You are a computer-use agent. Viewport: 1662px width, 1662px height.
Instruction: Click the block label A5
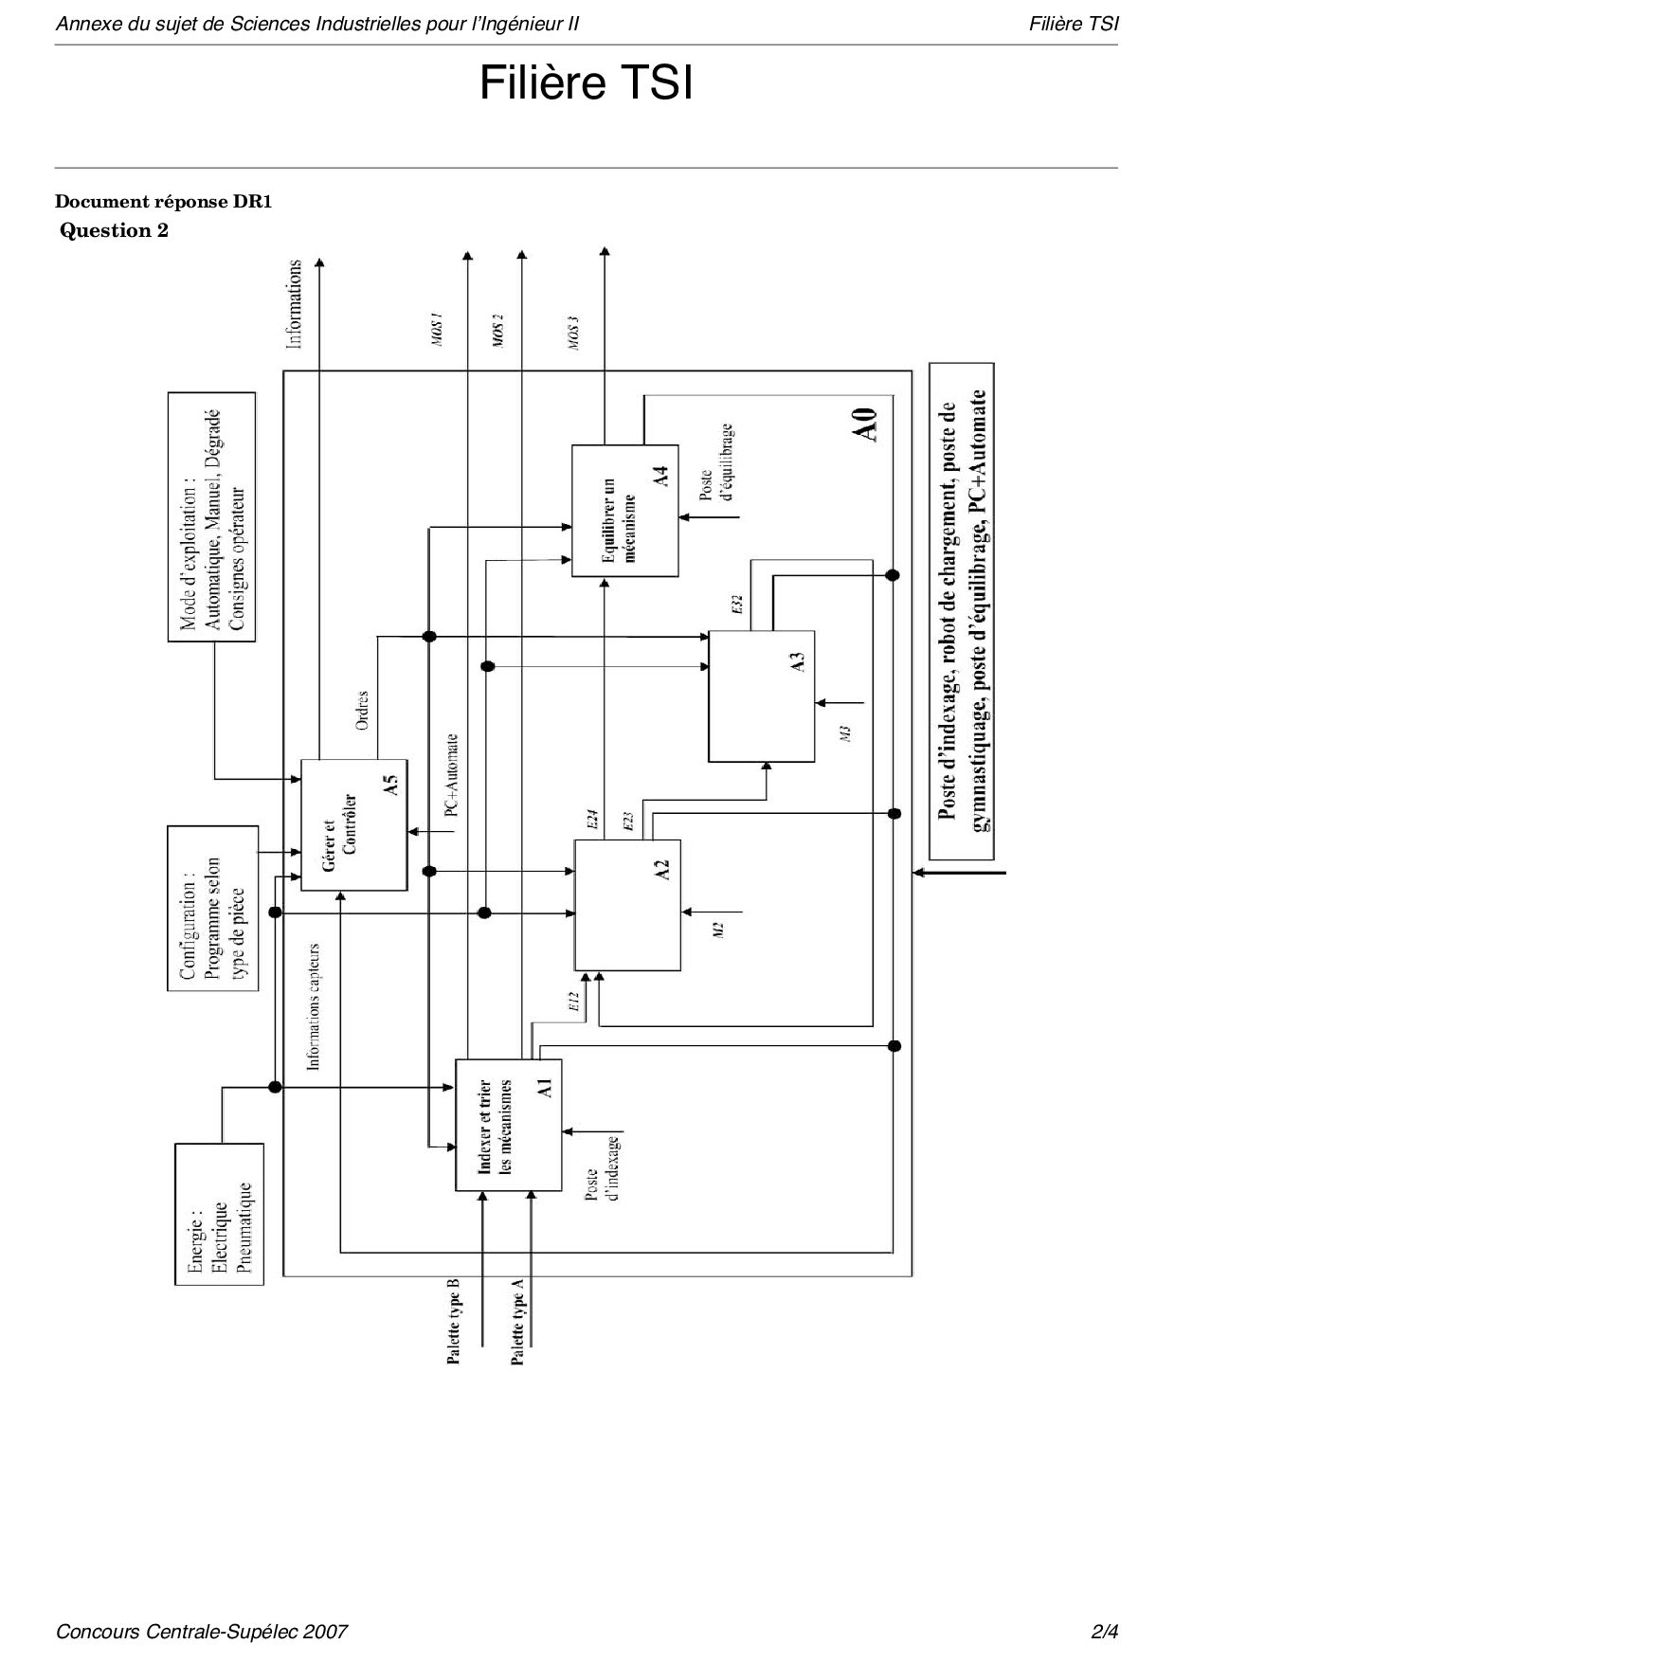click(x=389, y=785)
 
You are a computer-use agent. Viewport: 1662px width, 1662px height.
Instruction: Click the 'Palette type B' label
click(x=454, y=1321)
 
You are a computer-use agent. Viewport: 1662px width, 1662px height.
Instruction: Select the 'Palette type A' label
click(x=517, y=1321)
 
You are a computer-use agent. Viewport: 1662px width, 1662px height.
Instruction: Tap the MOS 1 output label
click(x=438, y=328)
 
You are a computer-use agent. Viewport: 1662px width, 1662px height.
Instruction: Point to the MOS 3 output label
click(x=574, y=333)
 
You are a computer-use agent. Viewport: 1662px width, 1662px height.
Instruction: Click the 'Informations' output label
click(x=295, y=303)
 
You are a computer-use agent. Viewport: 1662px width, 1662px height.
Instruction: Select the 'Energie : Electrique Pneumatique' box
click(x=219, y=1214)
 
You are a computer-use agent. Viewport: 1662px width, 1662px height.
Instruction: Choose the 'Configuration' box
click(x=213, y=908)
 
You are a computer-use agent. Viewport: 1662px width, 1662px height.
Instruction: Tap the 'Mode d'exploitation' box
click(x=212, y=516)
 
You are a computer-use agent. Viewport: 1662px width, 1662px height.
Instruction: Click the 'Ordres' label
click(x=362, y=710)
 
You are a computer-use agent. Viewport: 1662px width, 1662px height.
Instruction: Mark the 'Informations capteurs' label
click(x=314, y=1006)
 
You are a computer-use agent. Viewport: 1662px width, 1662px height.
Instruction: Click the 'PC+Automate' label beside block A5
click(x=452, y=774)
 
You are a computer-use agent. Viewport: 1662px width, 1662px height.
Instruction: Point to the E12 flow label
click(x=573, y=1003)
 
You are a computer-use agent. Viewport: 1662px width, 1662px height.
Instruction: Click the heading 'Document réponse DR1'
click(x=164, y=201)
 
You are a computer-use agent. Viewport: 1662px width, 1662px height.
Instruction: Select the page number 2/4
click(x=1105, y=1631)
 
